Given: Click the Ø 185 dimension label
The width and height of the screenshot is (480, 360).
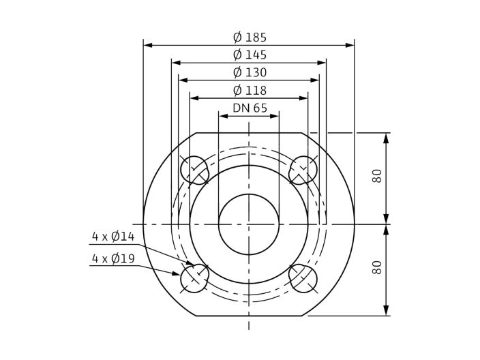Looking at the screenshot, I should coord(249,37).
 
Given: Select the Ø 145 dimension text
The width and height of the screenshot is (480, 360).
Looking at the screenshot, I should coord(249,55).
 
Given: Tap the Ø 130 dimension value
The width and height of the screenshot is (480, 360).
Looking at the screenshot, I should coord(249,73).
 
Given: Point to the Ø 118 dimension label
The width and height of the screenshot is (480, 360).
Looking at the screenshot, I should coord(249,91).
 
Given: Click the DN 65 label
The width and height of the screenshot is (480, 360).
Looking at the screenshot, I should coord(250,108).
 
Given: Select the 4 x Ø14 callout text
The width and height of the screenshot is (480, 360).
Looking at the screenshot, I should coord(114,237).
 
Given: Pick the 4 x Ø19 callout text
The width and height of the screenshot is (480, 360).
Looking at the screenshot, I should coord(114,259).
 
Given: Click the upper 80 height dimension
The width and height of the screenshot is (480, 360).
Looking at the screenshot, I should coord(377,176).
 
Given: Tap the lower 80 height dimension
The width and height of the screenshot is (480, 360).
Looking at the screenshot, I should coord(377,267).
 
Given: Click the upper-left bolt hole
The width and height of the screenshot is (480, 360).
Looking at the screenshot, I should coord(194,170).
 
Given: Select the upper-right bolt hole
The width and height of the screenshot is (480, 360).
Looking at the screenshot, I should coord(303,170).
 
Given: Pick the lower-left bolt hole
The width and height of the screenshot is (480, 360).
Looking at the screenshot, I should coord(194,278).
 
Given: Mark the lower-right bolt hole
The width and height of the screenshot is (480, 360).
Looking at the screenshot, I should coord(303,278).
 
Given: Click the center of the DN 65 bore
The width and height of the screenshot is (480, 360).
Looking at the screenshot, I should coord(249,224).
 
